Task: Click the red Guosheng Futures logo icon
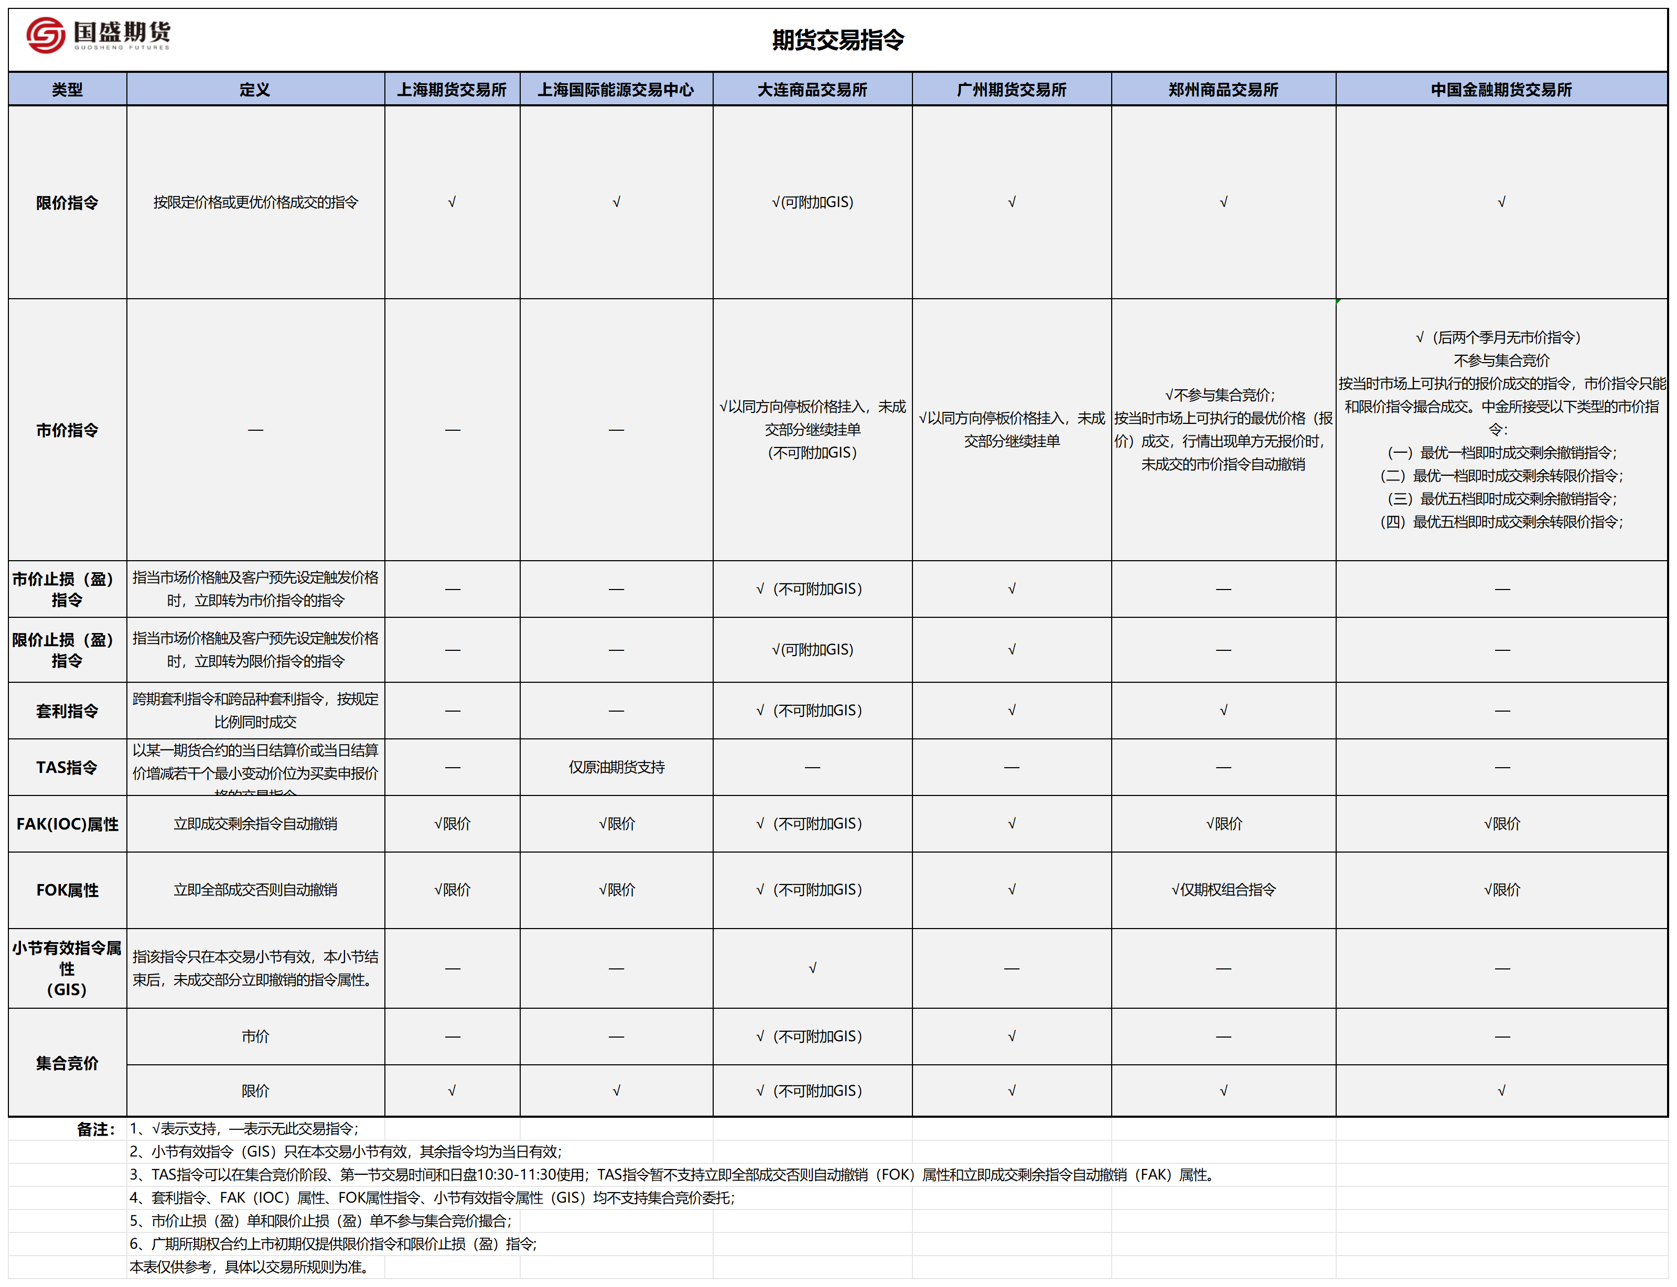(x=45, y=35)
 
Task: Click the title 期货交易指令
(x=838, y=40)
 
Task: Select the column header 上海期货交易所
(x=451, y=90)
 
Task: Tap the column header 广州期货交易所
(x=1011, y=90)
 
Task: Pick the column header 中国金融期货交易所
(x=1501, y=90)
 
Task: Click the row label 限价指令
(x=68, y=203)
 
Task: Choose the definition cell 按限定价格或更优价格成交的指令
(x=255, y=202)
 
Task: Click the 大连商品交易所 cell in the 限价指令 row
(x=812, y=202)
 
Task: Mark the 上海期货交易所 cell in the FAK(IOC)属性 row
(x=452, y=824)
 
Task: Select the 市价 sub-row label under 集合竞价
(x=255, y=1037)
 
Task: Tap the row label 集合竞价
(x=68, y=1063)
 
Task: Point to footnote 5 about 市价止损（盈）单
(x=320, y=1221)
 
